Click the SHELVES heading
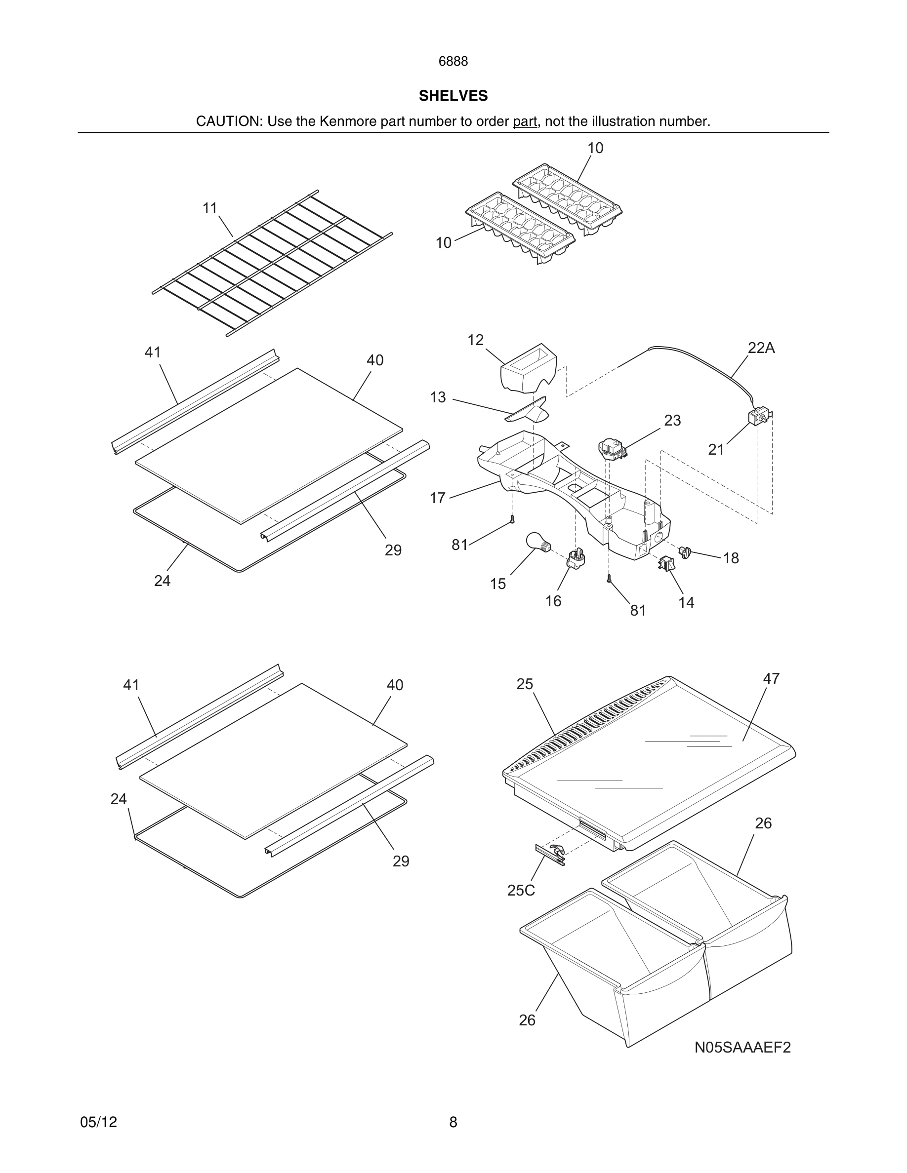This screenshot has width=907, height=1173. click(x=453, y=96)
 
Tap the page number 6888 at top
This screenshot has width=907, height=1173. click(x=453, y=62)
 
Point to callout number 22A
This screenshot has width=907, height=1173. click(x=761, y=348)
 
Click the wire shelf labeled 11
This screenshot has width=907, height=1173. click(x=272, y=263)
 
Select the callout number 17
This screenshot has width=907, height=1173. click(x=437, y=498)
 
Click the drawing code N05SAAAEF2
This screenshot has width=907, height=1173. click(x=742, y=1047)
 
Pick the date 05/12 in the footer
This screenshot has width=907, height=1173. click(x=98, y=1122)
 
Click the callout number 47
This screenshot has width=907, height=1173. click(x=771, y=679)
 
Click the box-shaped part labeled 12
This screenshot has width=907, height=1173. click(x=528, y=368)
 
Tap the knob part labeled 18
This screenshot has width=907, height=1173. click(x=685, y=552)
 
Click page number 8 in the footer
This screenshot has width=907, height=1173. click(x=453, y=1122)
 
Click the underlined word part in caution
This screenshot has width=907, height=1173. click(x=525, y=121)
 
